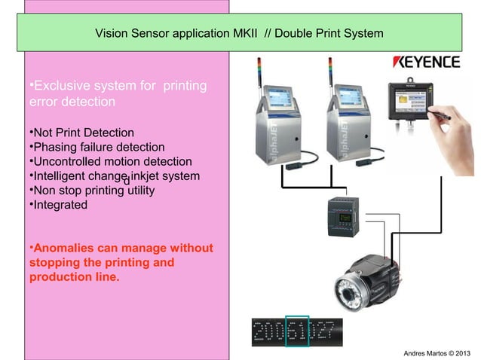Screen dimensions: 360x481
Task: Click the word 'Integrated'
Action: [59, 204]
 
